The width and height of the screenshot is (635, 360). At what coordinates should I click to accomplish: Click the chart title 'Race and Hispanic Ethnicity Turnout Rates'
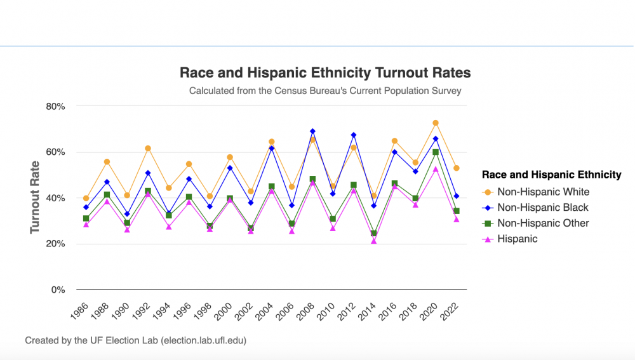[325, 72]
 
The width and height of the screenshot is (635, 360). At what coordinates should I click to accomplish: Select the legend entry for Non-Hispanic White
[544, 192]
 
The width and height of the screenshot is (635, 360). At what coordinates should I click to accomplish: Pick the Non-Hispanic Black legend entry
[544, 208]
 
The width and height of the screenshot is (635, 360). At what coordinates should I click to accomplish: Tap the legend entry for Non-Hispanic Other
[544, 223]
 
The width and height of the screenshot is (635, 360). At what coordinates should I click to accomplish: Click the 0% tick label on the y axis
[58, 290]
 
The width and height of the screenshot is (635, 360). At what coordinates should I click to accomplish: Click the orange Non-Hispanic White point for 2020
[436, 123]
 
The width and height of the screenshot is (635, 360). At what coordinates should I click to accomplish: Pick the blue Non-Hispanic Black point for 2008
[312, 131]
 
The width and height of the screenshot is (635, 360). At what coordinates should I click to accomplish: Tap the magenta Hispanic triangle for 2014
[374, 241]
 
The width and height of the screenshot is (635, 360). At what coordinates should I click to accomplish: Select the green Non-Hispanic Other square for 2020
[436, 152]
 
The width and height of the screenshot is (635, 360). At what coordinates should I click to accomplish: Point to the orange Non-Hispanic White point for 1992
[148, 149]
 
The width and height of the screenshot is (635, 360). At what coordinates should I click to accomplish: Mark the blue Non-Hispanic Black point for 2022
[456, 196]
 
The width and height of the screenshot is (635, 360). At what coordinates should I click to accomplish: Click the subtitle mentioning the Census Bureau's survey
[325, 91]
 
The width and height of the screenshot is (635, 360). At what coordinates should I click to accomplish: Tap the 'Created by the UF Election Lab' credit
[135, 341]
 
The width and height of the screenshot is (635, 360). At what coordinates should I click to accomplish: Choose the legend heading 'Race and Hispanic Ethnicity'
[551, 175]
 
